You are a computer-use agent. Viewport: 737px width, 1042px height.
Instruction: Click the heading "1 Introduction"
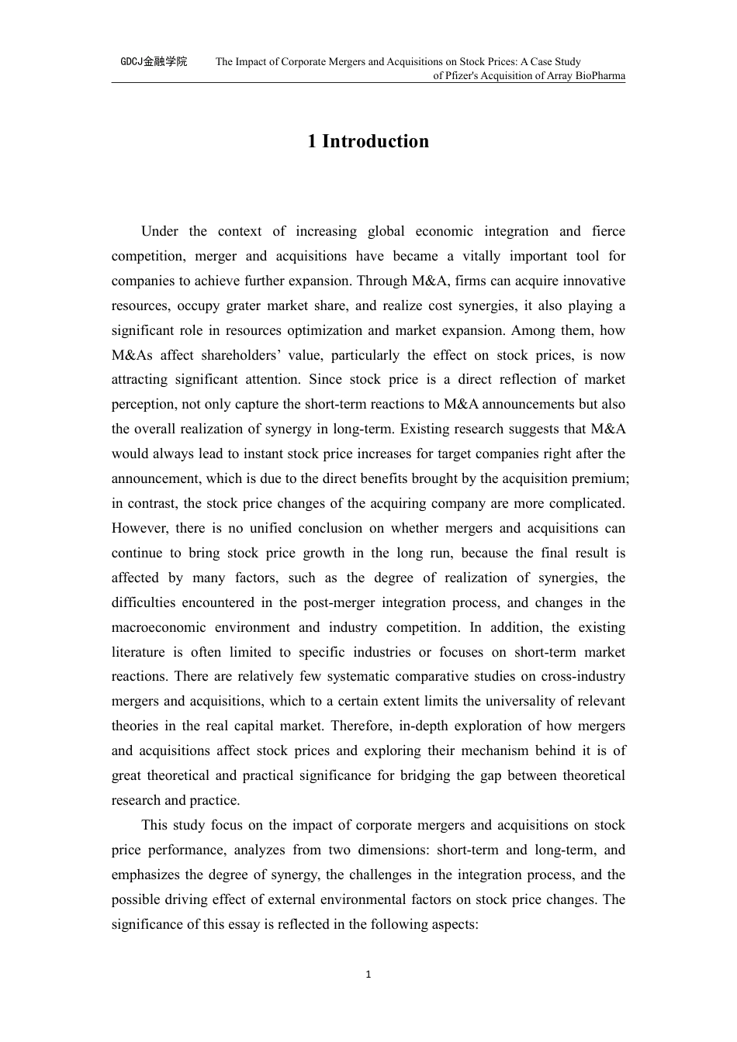click(x=368, y=141)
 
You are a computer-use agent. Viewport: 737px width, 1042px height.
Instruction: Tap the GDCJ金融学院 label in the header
click(x=154, y=61)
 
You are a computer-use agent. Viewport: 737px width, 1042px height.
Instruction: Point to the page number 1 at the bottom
click(x=368, y=975)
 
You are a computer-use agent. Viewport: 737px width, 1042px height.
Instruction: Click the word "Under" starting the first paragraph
click(x=159, y=231)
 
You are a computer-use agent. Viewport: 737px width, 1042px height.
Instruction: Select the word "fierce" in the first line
click(x=608, y=231)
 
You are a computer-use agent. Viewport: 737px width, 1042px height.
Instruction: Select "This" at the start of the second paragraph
click(x=154, y=825)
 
